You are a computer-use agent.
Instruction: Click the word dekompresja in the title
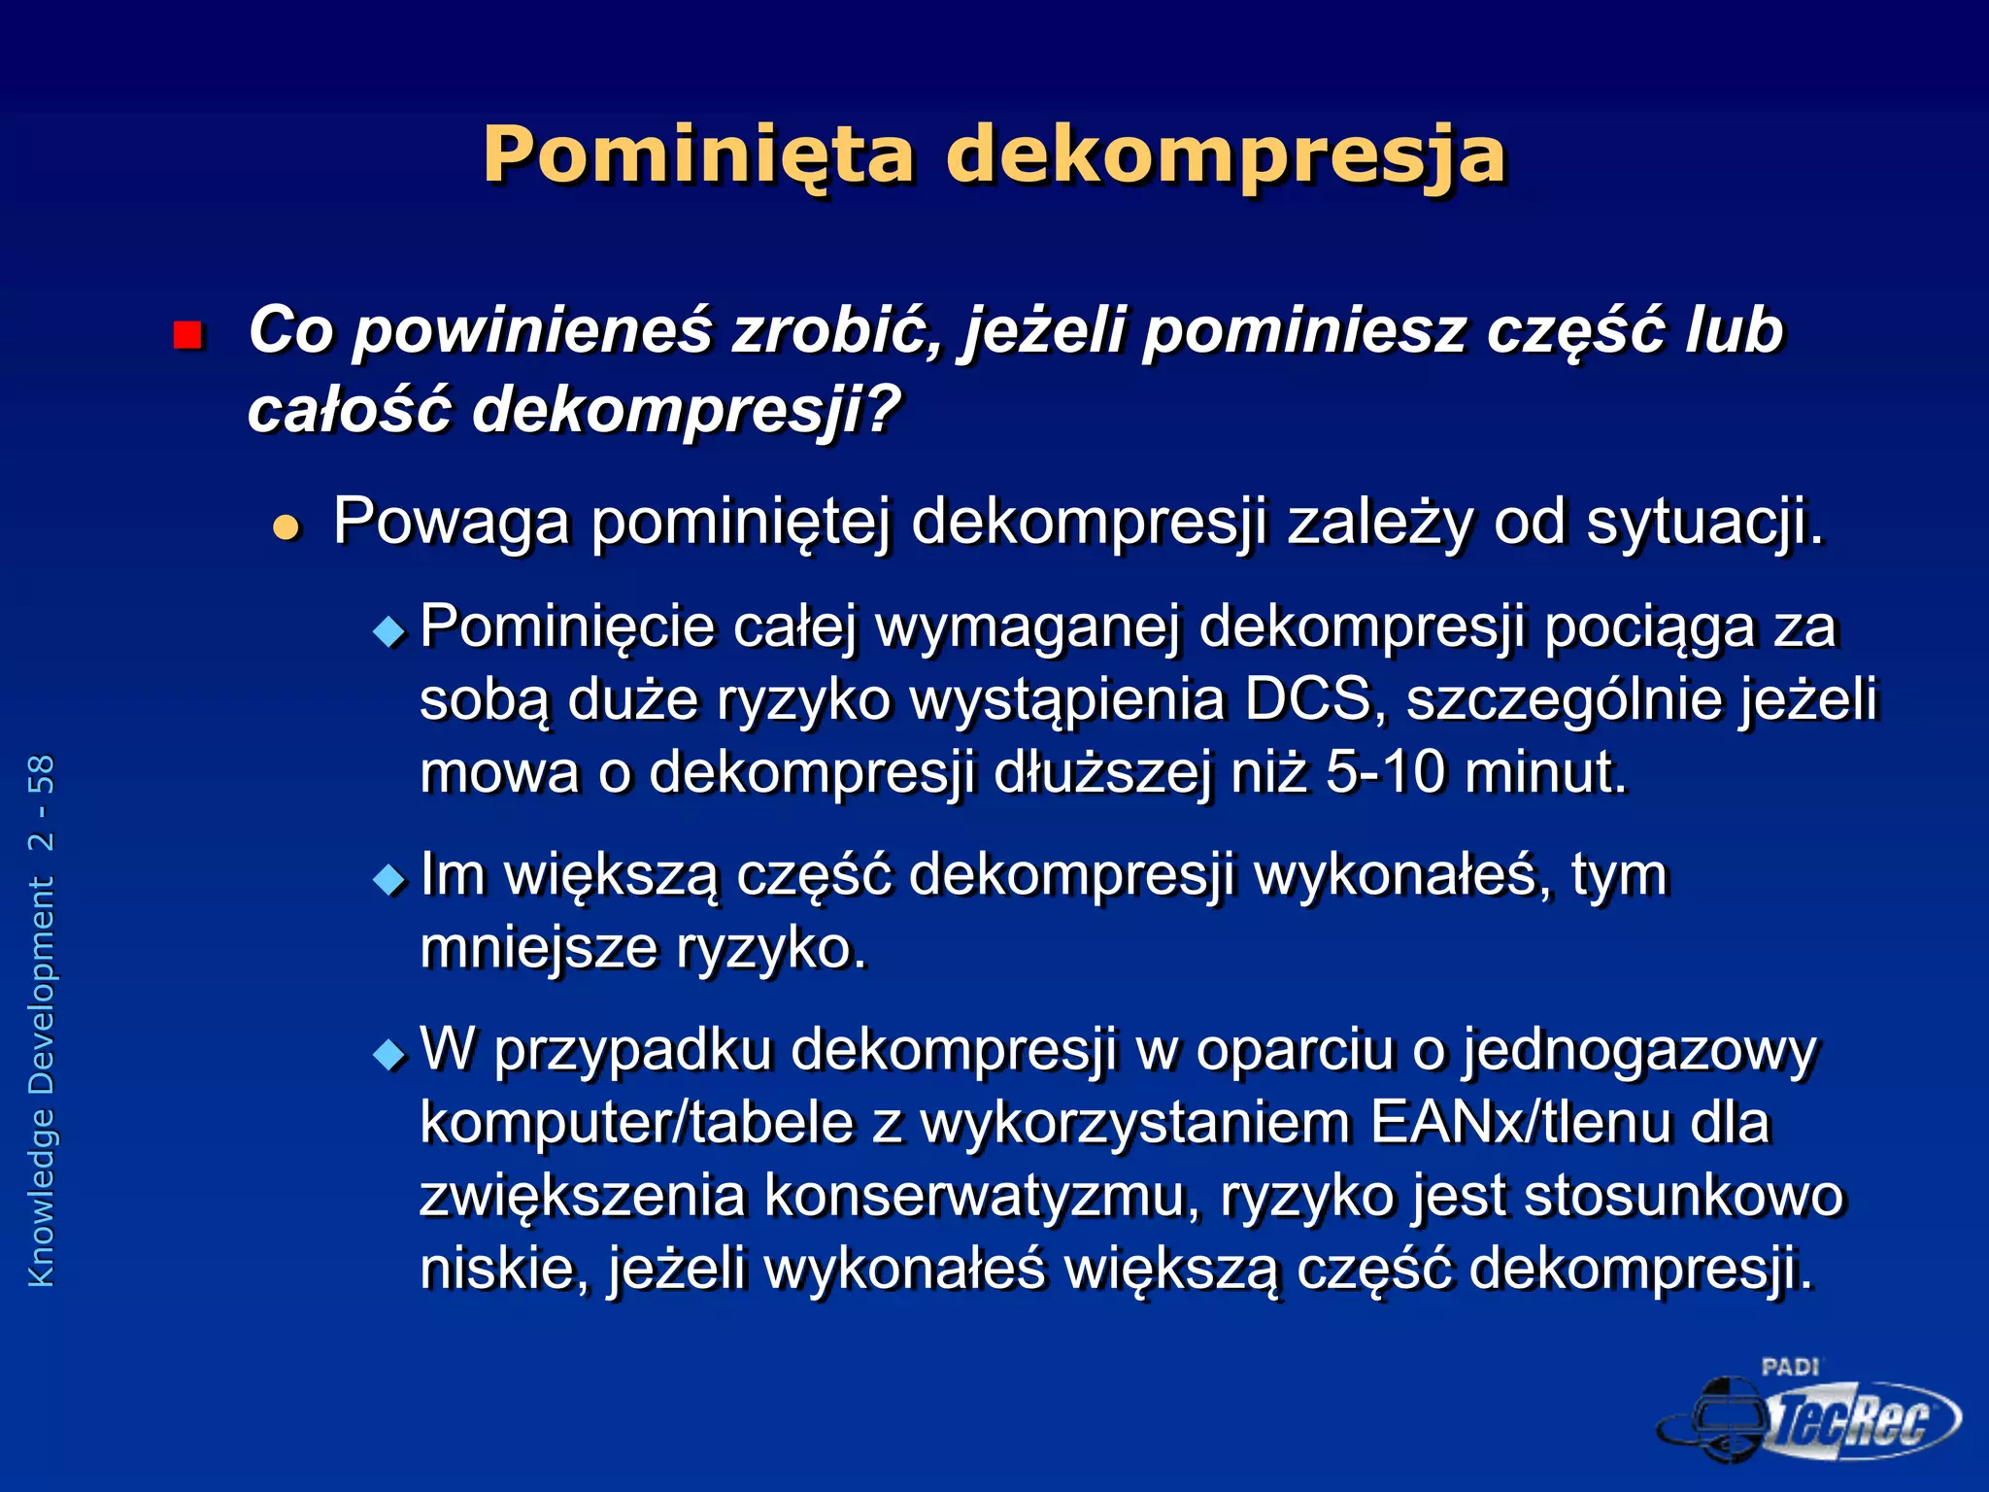point(1226,154)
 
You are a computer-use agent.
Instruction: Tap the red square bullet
point(186,335)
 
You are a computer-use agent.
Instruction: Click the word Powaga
point(451,523)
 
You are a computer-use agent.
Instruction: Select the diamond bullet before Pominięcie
point(389,633)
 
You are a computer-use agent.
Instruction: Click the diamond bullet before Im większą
point(389,880)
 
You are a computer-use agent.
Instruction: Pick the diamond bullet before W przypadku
point(389,1055)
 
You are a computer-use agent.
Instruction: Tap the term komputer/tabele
point(636,1123)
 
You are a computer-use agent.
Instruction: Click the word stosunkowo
point(1683,1196)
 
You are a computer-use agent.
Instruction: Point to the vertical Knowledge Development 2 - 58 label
point(42,1020)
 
